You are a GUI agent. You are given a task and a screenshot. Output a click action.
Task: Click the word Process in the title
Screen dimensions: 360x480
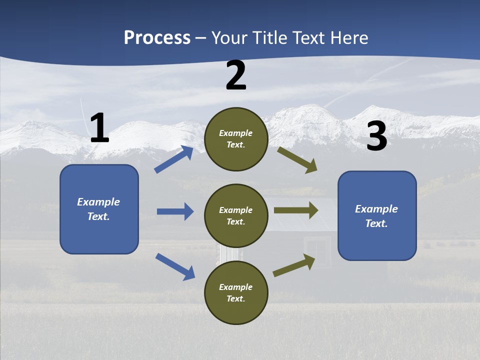tap(157, 38)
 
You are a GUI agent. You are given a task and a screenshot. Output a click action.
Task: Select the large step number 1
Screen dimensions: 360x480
tap(99, 128)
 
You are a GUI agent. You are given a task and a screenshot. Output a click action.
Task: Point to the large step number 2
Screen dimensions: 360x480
tap(236, 76)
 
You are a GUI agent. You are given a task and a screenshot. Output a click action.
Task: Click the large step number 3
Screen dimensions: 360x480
tap(376, 136)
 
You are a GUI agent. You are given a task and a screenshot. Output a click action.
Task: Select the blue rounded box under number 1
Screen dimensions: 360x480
tap(99, 209)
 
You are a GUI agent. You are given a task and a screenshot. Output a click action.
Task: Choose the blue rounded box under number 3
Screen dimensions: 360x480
tap(377, 216)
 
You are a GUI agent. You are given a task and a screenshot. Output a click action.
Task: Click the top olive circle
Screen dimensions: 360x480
tap(236, 139)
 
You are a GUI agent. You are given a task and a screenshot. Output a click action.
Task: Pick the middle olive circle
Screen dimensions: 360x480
tap(236, 215)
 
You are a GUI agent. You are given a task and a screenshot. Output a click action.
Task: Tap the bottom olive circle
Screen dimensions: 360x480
tap(236, 292)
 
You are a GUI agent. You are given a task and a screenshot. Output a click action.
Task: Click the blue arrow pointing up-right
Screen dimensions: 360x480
tap(174, 159)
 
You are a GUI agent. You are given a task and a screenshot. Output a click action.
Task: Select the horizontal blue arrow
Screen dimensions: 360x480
tap(175, 211)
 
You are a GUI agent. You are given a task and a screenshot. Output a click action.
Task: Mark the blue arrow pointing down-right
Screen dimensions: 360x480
tap(175, 266)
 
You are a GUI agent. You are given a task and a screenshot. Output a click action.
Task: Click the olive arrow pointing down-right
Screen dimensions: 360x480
tap(297, 160)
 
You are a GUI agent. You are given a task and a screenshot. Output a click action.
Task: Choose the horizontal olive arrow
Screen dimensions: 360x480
tap(296, 210)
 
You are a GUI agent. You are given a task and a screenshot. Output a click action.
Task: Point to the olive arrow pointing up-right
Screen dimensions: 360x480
tap(294, 265)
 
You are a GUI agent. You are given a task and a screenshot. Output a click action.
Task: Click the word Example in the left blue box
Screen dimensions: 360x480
tap(98, 202)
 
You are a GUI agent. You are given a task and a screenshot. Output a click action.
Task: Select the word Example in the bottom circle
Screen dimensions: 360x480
tap(236, 287)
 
